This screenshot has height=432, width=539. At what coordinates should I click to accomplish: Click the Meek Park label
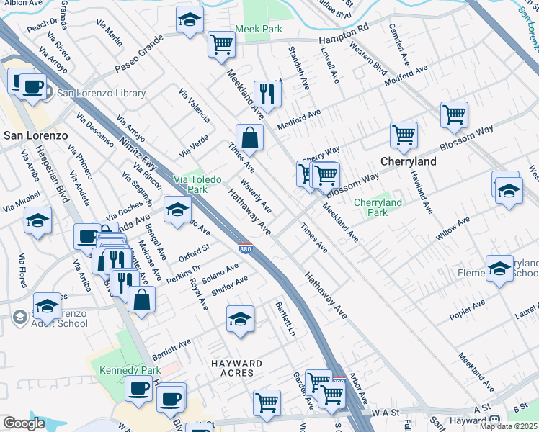pyautogui.click(x=257, y=30)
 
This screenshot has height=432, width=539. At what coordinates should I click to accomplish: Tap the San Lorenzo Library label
pyautogui.click(x=101, y=93)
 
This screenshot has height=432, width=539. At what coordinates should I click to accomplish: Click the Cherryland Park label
pyautogui.click(x=378, y=207)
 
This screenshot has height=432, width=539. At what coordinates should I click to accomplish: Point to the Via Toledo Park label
pyautogui.click(x=195, y=184)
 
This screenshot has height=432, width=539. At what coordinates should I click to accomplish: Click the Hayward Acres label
pyautogui.click(x=232, y=368)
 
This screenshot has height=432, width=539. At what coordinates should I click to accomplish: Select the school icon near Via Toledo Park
pyautogui.click(x=177, y=209)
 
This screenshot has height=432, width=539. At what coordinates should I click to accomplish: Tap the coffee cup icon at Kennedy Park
pyautogui.click(x=138, y=388)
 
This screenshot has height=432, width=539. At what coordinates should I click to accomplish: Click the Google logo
pyautogui.click(x=24, y=423)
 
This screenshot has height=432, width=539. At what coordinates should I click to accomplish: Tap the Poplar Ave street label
pyautogui.click(x=468, y=307)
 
